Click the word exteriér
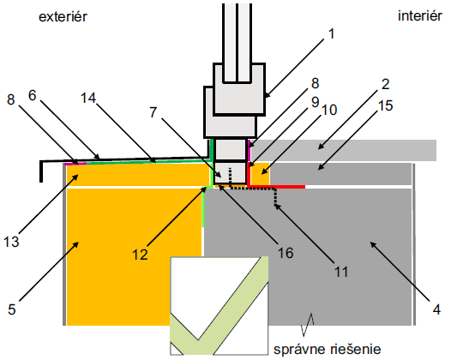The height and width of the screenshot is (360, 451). pyautogui.click(x=63, y=17)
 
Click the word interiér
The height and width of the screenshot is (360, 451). pyautogui.click(x=420, y=15)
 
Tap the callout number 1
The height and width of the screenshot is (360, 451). pyautogui.click(x=332, y=34)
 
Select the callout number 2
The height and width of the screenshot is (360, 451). pyautogui.click(x=385, y=84)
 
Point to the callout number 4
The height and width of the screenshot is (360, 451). pyautogui.click(x=436, y=309)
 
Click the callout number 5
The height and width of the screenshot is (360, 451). pyautogui.click(x=12, y=309)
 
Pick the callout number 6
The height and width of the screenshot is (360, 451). pyautogui.click(x=33, y=95)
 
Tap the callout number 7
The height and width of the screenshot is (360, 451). pyautogui.click(x=153, y=112)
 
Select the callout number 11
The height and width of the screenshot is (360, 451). pyautogui.click(x=341, y=272)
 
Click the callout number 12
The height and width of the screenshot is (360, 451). pyautogui.click(x=140, y=255)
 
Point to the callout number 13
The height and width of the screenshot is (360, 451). pyautogui.click(x=11, y=242)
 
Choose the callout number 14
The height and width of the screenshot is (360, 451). pyautogui.click(x=88, y=98)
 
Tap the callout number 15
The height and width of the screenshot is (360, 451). pyautogui.click(x=385, y=105)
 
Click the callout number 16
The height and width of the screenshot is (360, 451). pyautogui.click(x=286, y=253)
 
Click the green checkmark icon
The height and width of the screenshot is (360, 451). pyautogui.click(x=219, y=306)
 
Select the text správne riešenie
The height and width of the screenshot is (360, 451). pyautogui.click(x=328, y=350)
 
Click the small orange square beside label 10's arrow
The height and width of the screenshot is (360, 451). pyautogui.click(x=261, y=174)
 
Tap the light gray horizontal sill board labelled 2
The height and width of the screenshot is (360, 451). pyautogui.click(x=344, y=150)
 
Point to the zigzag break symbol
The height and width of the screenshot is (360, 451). pyautogui.click(x=307, y=324)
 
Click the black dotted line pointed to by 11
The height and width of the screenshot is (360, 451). pyautogui.click(x=253, y=189)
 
